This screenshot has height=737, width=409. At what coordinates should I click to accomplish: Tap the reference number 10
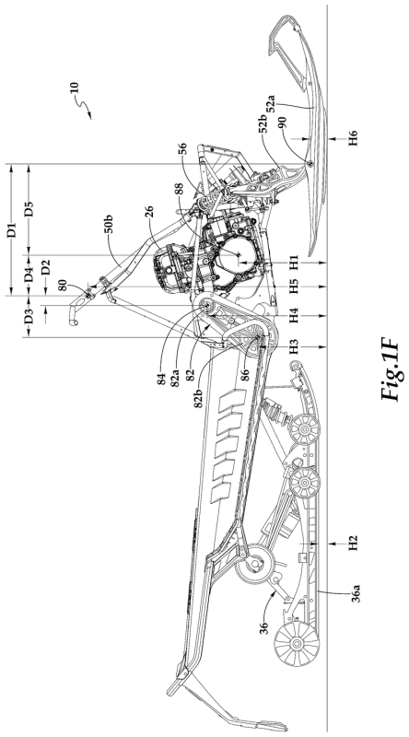(x=74, y=89)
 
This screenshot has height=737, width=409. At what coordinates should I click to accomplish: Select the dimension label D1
(x=12, y=229)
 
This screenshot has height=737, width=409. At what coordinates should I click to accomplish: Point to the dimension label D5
(x=29, y=209)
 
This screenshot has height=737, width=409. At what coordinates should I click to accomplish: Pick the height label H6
(x=353, y=138)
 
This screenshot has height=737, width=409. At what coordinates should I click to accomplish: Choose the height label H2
(x=353, y=543)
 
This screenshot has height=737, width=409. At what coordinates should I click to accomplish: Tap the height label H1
(x=294, y=262)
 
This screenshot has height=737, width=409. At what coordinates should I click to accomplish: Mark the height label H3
(x=294, y=346)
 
